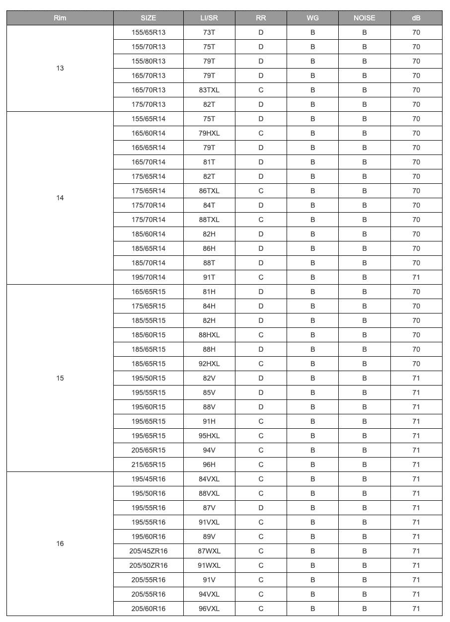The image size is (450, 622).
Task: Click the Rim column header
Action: tap(60, 18)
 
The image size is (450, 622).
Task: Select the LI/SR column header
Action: tap(209, 18)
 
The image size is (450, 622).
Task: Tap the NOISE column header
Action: tap(365, 18)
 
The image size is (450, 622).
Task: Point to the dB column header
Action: tap(416, 18)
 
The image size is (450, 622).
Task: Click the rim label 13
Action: tap(60, 68)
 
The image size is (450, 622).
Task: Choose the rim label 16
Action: tap(60, 544)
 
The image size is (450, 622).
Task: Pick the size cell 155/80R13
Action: tap(149, 61)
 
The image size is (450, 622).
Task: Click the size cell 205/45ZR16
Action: tap(149, 551)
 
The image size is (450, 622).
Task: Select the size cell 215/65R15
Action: tap(149, 465)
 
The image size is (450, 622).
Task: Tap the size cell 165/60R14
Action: tap(149, 133)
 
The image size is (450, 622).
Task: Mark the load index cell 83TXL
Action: tap(209, 90)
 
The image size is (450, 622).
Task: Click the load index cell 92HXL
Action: tap(209, 364)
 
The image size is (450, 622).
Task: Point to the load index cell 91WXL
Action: tap(209, 565)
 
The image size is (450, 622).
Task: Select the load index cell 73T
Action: tap(209, 32)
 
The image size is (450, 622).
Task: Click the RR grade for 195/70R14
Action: tap(261, 277)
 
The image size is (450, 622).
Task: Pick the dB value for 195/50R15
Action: tap(416, 378)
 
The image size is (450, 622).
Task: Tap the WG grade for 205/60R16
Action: tap(313, 609)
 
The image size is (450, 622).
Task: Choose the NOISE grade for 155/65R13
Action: tap(365, 32)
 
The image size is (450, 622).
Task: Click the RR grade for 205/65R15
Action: tap(261, 450)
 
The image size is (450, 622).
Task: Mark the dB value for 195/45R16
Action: tap(416, 479)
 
